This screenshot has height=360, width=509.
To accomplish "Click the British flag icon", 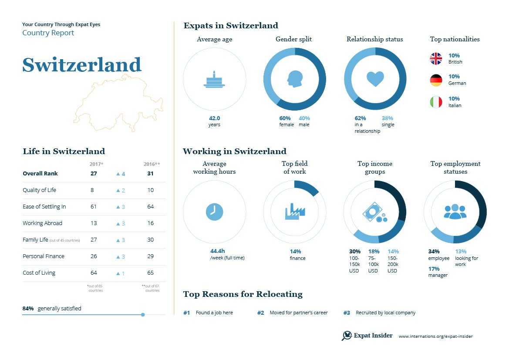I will (436, 59).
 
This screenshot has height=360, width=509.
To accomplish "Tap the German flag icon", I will (436, 80).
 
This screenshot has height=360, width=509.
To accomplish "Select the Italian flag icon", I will (436, 102).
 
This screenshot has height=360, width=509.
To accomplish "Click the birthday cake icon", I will (214, 80).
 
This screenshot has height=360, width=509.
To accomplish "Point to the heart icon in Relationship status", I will (375, 79).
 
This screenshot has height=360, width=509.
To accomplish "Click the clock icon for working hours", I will (214, 212).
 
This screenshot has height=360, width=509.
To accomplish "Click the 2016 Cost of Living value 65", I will (150, 273).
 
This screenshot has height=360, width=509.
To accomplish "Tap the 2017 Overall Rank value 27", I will (94, 173).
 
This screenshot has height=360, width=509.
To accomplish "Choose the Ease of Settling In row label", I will (44, 206).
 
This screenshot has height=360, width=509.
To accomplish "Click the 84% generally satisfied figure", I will (28, 308).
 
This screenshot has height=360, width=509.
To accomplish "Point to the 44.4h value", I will (217, 251).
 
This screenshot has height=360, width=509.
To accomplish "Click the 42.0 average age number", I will (214, 118).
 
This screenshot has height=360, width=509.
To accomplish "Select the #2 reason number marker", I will (260, 313).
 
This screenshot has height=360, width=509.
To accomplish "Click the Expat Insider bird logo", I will (347, 336).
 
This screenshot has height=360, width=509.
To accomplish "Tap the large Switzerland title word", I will (82, 65).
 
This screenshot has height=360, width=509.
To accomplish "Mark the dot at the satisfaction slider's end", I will (143, 314).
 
